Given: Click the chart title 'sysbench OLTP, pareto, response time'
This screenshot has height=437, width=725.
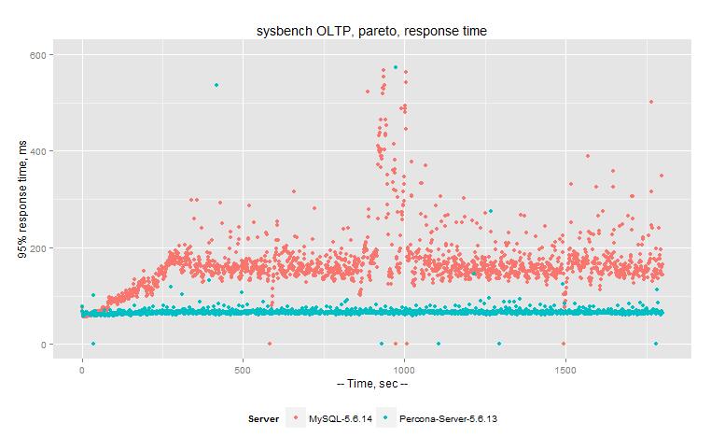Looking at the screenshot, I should click(x=372, y=32).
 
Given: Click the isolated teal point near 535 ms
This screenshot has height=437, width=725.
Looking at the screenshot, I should click(x=216, y=85).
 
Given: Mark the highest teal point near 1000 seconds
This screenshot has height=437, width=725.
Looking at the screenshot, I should click(x=396, y=67).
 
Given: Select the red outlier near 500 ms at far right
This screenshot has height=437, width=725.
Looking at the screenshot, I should click(x=651, y=102).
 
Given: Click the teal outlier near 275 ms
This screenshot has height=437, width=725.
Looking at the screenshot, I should click(x=490, y=211).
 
